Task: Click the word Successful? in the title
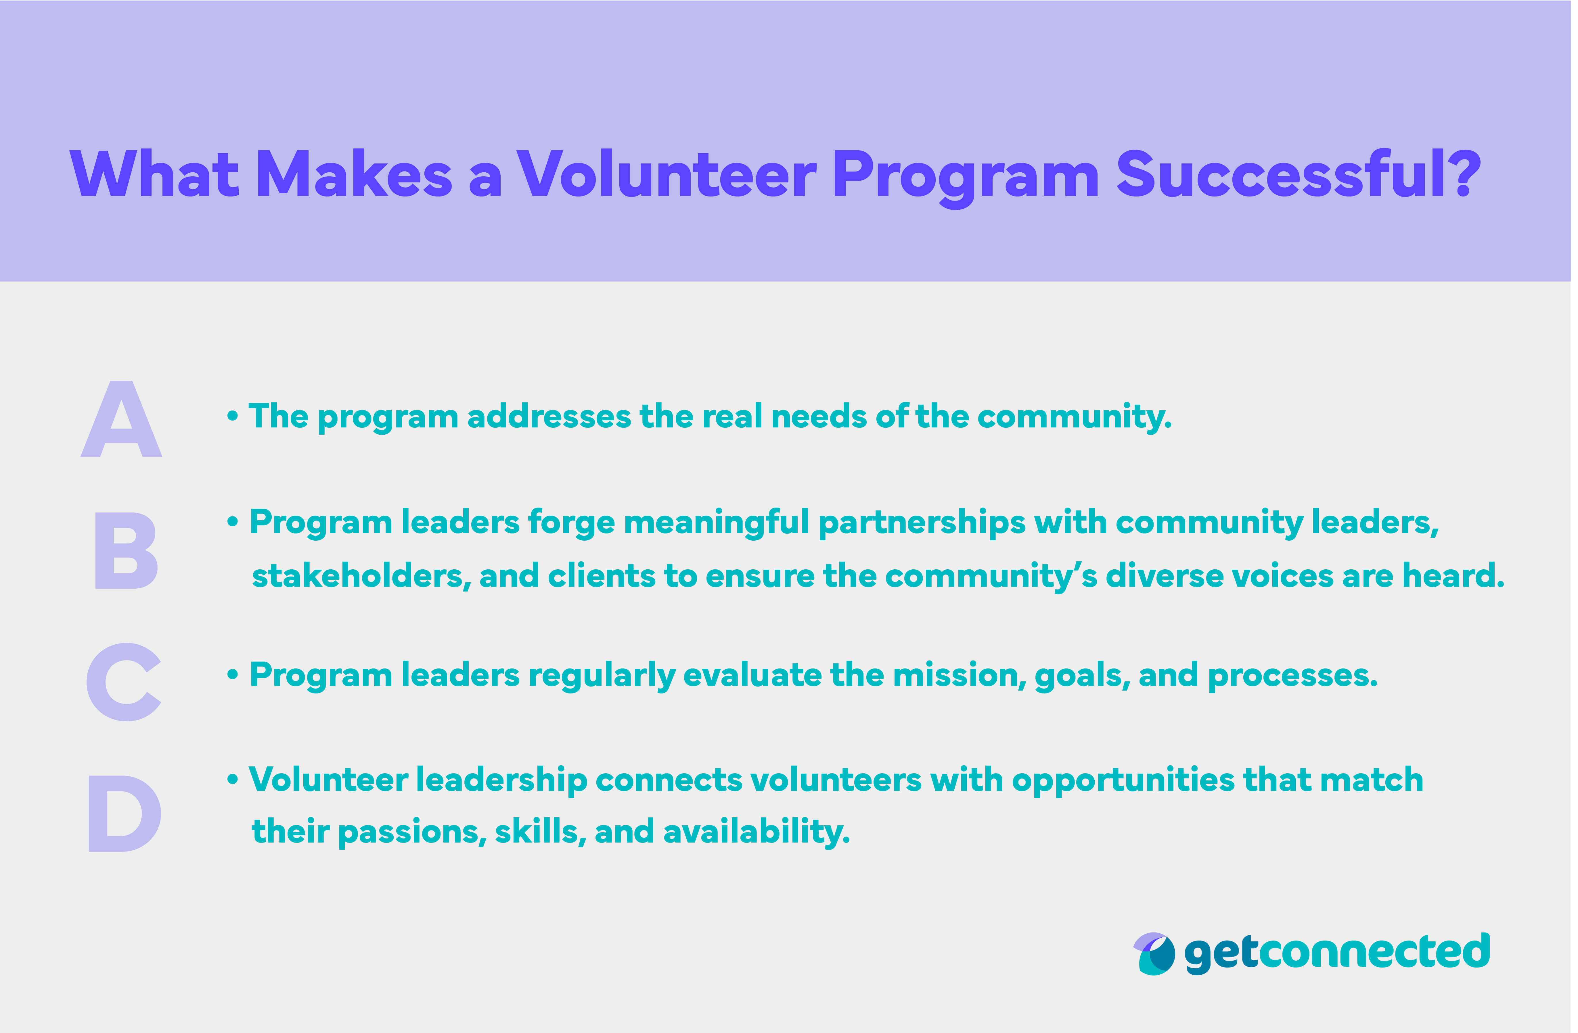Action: click(1298, 174)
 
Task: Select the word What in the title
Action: click(154, 174)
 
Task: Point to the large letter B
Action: click(126, 551)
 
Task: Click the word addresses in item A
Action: click(549, 417)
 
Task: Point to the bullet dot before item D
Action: click(232, 780)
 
